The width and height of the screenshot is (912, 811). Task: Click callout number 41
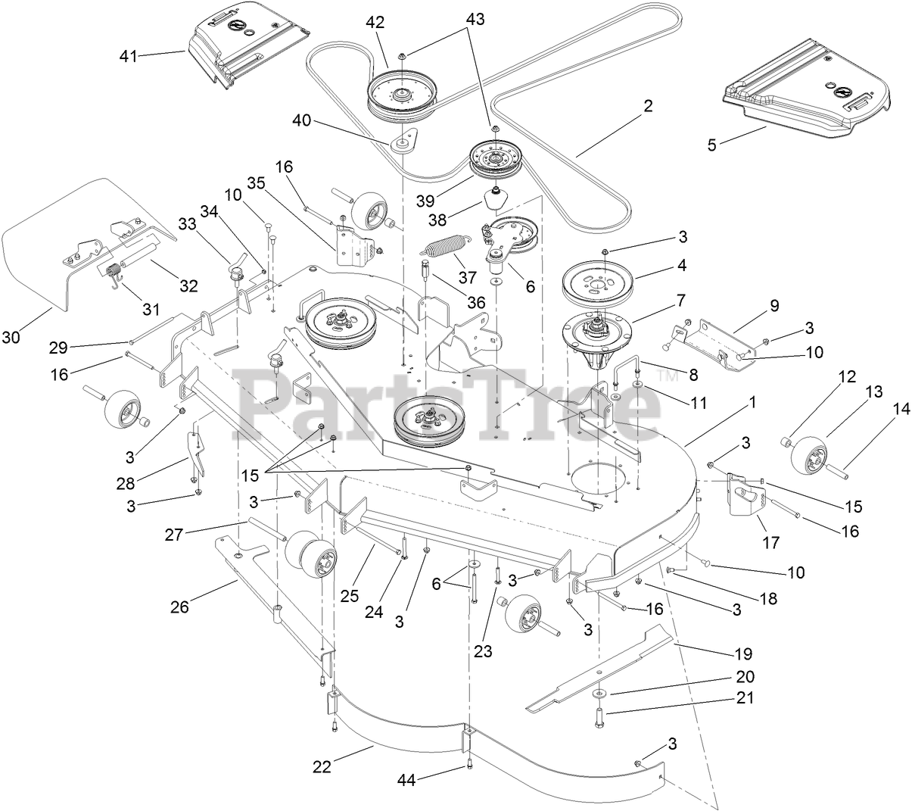(x=129, y=55)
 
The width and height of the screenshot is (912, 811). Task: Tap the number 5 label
(x=711, y=145)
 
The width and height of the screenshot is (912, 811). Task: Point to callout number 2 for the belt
(x=647, y=106)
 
